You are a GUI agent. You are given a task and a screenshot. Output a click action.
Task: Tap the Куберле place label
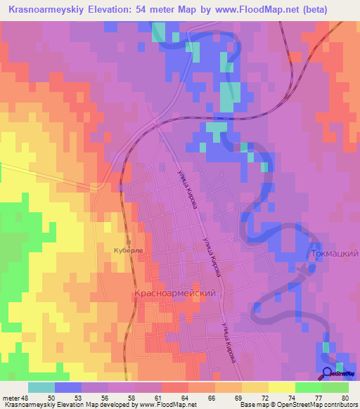tap(128, 249)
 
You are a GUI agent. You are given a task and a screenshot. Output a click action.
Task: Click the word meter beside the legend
tap(10, 397)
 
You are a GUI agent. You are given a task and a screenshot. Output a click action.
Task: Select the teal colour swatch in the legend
tap(41, 387)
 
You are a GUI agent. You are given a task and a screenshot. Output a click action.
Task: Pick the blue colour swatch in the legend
tap(67, 387)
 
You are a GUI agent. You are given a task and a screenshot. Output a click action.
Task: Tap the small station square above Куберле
tap(129, 241)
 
